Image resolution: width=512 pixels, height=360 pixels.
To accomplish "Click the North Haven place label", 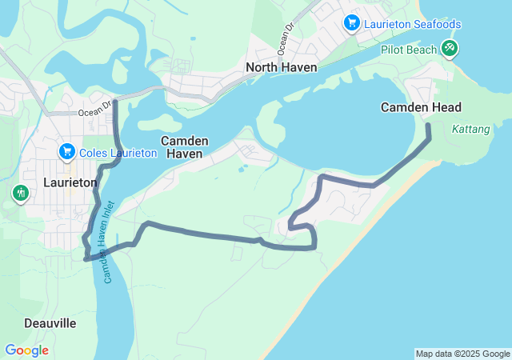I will [x=281, y=67].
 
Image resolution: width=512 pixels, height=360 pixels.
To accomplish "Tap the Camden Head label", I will [x=421, y=107].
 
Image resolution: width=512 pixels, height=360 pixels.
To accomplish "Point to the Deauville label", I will [x=50, y=323].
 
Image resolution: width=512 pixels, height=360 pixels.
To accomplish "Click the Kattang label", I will [x=470, y=129].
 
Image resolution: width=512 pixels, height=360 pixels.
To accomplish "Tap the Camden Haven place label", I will [x=185, y=146].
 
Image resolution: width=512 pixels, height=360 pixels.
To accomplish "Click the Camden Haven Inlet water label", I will [x=110, y=241].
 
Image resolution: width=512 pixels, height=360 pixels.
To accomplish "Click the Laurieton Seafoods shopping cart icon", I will [x=351, y=22].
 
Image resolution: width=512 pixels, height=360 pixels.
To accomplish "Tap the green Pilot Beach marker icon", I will [x=450, y=49].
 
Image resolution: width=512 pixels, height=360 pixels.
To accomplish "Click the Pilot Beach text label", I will [x=408, y=50].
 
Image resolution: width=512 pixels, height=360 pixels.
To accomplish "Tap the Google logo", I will [x=26, y=350].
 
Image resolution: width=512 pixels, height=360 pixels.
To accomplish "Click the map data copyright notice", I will [x=462, y=354].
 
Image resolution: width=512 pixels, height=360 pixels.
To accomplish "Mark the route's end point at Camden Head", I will [x=427, y=126].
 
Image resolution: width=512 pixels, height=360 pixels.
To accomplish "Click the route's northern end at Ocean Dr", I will [x=117, y=102].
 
